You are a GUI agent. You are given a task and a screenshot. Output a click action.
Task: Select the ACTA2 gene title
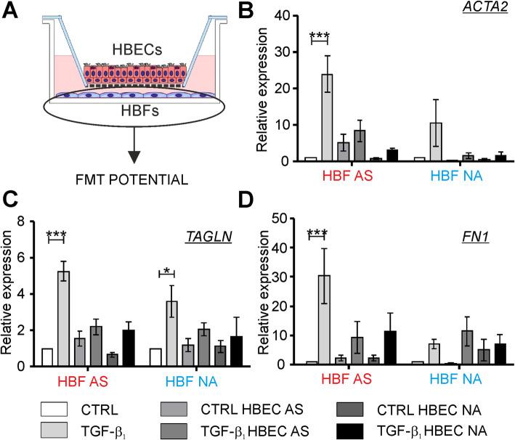pyautogui.click(x=489, y=9)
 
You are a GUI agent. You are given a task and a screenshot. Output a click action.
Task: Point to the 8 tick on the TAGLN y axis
pyautogui.click(x=31, y=220)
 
